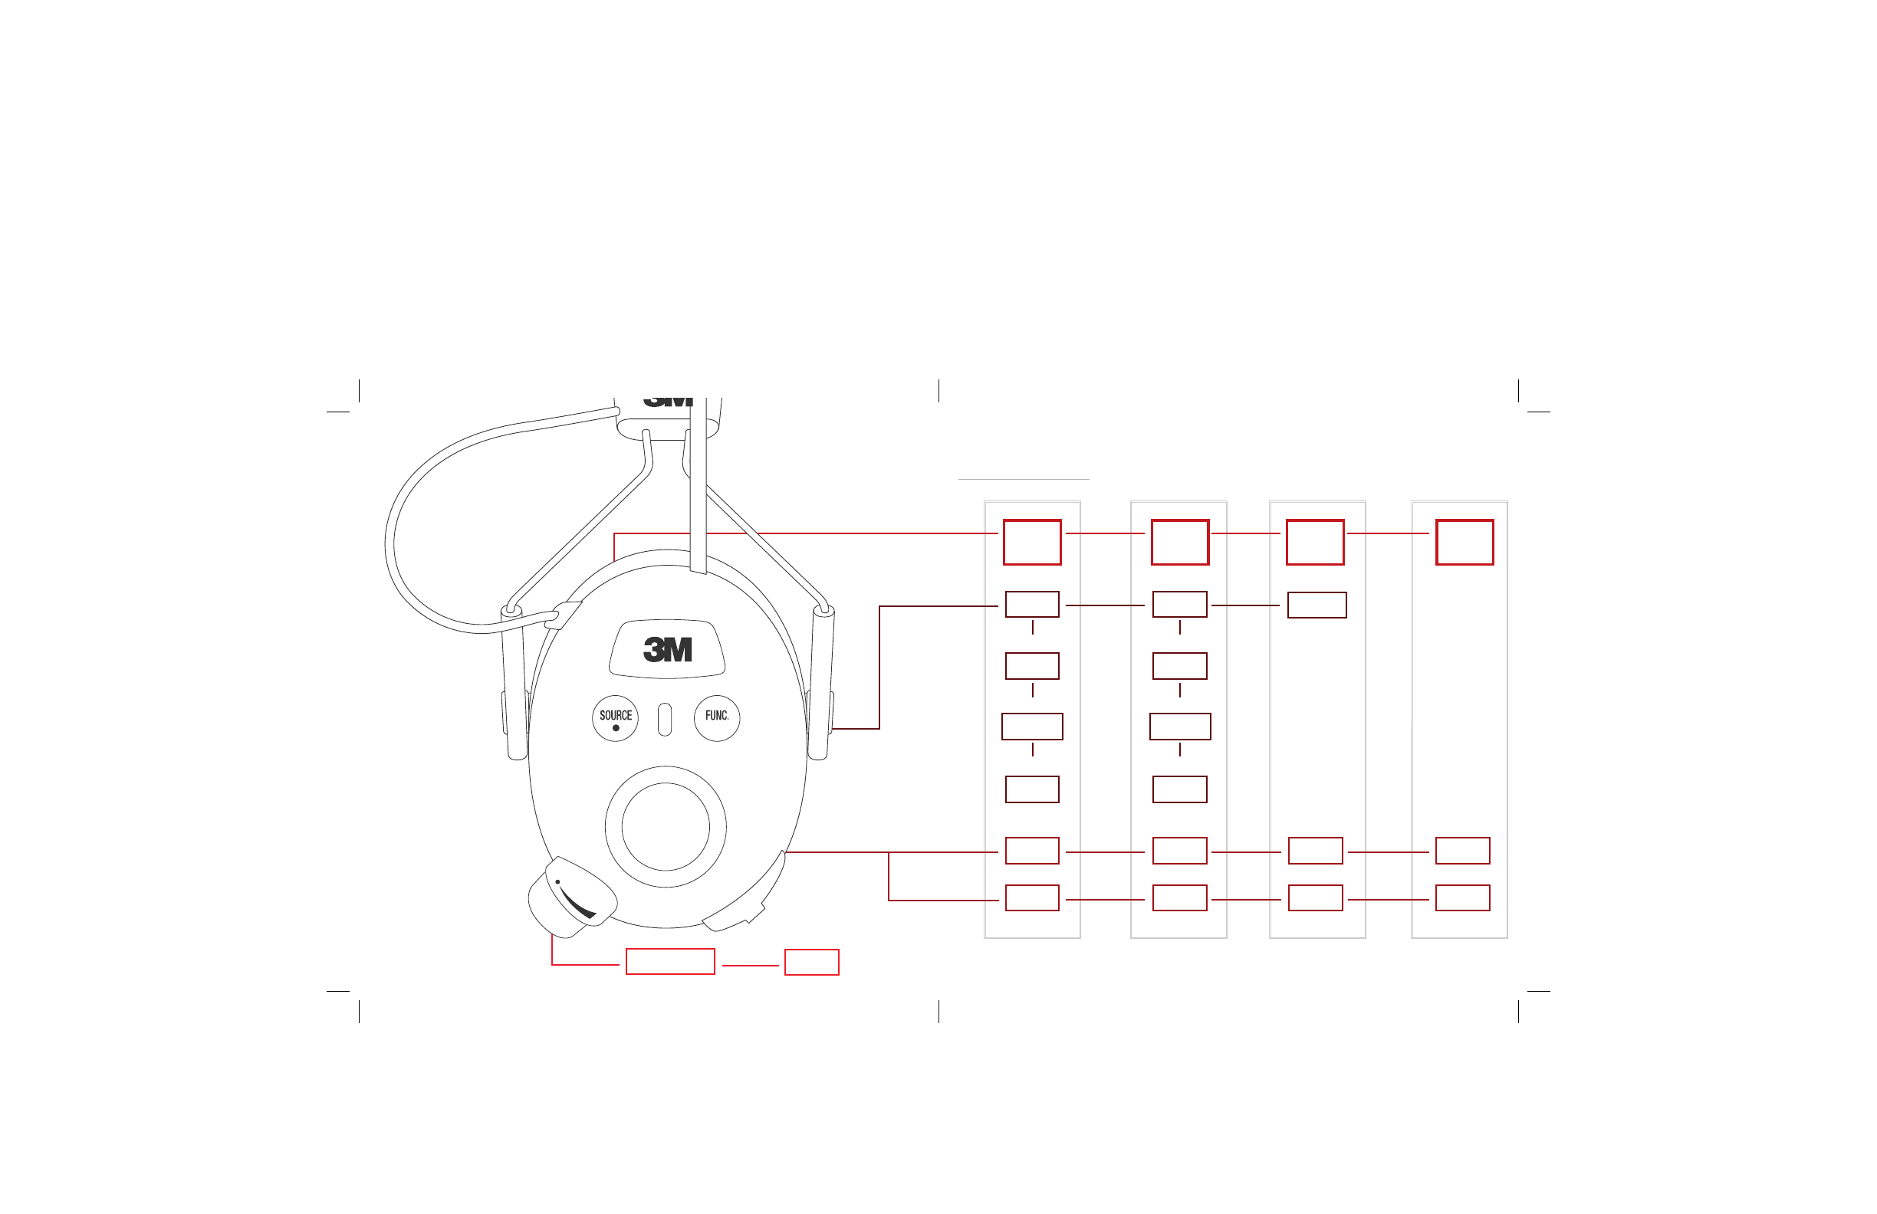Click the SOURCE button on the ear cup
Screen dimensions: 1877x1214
pyautogui.click(x=615, y=718)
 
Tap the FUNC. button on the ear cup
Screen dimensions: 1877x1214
pyautogui.click(x=717, y=718)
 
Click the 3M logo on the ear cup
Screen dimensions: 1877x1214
pyautogui.click(x=667, y=650)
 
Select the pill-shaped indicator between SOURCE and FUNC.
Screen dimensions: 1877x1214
pyautogui.click(x=665, y=720)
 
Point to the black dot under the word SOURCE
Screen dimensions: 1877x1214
pyautogui.click(x=616, y=728)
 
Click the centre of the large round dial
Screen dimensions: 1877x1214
pyautogui.click(x=666, y=827)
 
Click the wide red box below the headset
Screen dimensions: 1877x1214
pyautogui.click(x=670, y=962)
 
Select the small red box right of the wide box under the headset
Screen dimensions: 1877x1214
pyautogui.click(x=811, y=963)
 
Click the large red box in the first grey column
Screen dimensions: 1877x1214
pyautogui.click(x=1032, y=543)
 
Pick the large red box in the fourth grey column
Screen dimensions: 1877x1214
pyautogui.click(x=1464, y=543)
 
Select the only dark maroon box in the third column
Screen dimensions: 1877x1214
pyautogui.click(x=1317, y=605)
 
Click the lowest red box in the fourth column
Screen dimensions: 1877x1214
pyautogui.click(x=1463, y=898)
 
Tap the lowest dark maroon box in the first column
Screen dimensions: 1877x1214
pyautogui.click(x=1032, y=790)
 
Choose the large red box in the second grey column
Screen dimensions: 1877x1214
pyautogui.click(x=1180, y=543)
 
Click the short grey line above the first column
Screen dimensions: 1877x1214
pyautogui.click(x=1024, y=479)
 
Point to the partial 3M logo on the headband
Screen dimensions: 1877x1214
pyautogui.click(x=667, y=402)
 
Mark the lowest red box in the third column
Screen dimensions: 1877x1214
pyautogui.click(x=1316, y=898)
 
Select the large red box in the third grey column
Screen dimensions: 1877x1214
pyautogui.click(x=1316, y=543)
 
